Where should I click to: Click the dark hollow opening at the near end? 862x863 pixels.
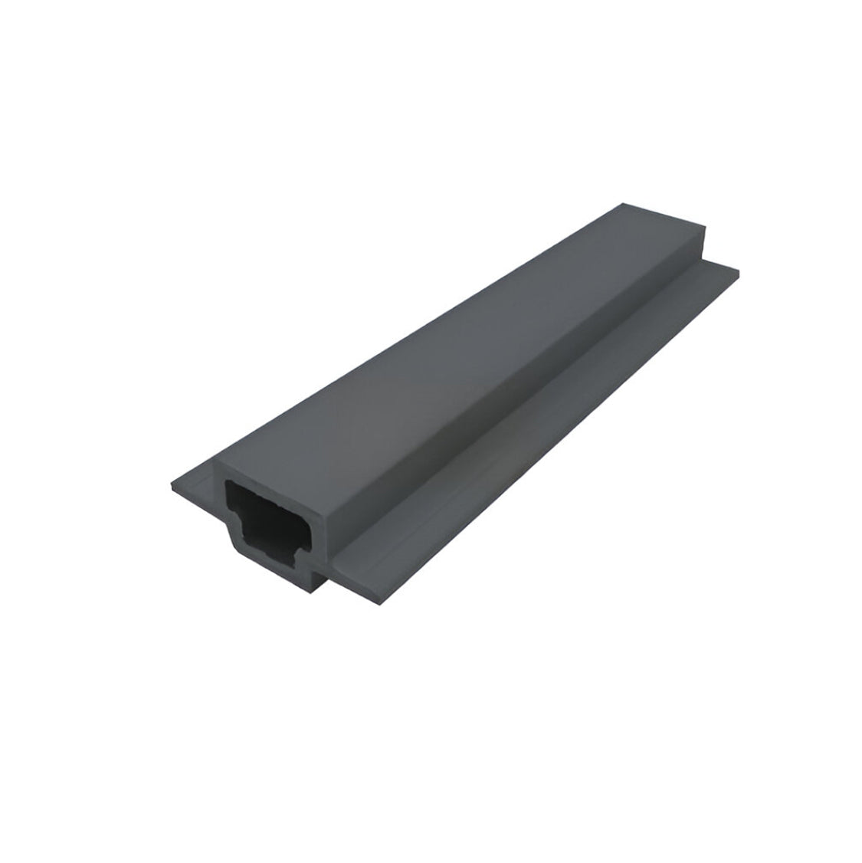(x=264, y=517)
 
